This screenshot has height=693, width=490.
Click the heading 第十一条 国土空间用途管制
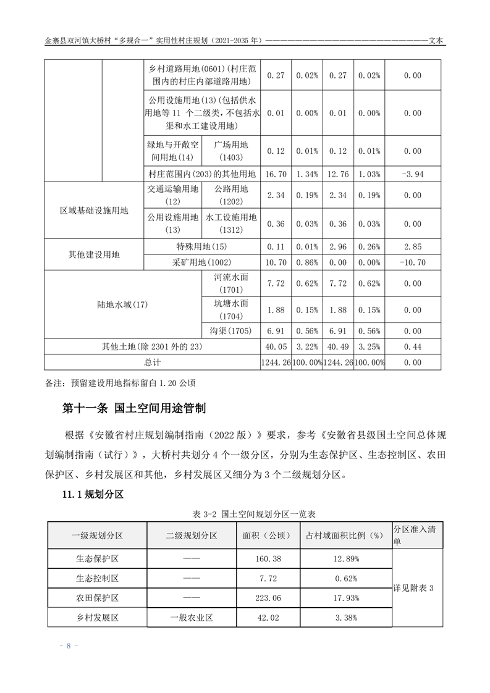point(134,408)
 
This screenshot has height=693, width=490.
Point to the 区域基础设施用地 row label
point(94,210)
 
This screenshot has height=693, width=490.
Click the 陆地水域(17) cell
point(123,304)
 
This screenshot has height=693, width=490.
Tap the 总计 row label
point(153,362)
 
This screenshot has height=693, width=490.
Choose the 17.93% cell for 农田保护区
point(345,597)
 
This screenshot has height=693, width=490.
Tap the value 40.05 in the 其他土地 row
point(276,346)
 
